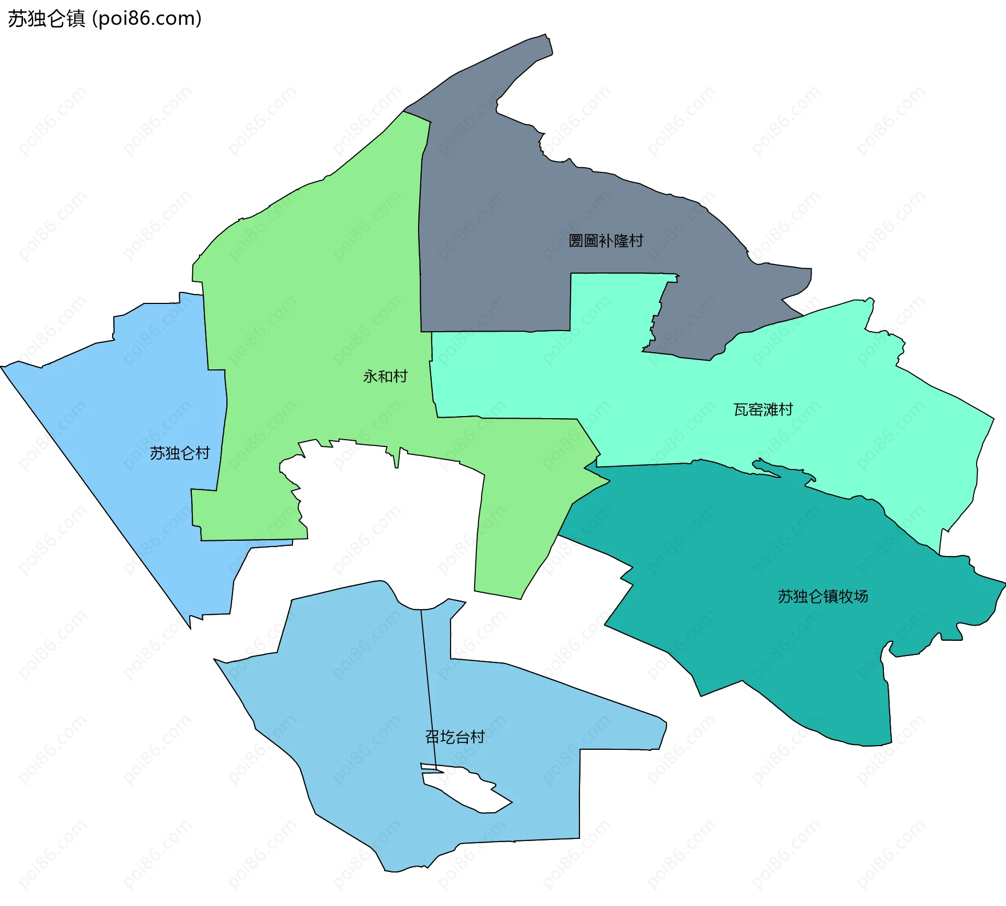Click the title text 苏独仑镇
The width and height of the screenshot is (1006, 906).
point(46,19)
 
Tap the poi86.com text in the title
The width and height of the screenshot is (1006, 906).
point(147,19)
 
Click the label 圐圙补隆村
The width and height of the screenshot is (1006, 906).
point(606,241)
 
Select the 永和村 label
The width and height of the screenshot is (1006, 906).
point(385,376)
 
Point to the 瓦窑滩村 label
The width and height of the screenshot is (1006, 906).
point(763,409)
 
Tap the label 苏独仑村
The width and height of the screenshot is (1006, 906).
point(180,453)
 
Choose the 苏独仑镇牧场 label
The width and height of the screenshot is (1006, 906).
point(823,596)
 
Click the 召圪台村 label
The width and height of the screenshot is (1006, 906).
point(455,737)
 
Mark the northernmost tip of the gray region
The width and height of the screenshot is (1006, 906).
point(546,36)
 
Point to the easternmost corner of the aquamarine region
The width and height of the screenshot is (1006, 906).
point(993,418)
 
